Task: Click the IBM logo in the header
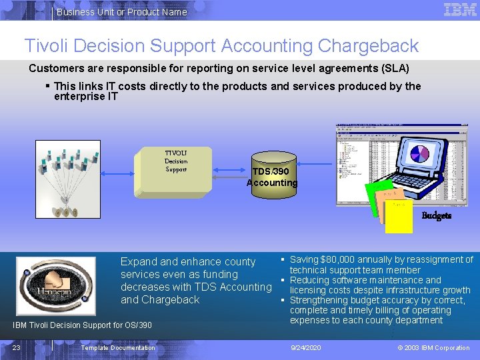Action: [x=460, y=10]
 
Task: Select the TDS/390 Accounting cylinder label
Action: [x=271, y=177]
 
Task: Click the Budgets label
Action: [x=436, y=216]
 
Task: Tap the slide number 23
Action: [x=16, y=347]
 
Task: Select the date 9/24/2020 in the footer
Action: [x=306, y=347]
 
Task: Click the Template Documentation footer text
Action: [x=117, y=347]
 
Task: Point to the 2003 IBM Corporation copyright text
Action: [x=433, y=347]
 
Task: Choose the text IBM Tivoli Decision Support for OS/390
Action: [x=83, y=325]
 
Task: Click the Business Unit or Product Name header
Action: [x=121, y=12]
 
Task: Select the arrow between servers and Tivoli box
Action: [x=118, y=173]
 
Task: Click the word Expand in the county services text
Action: [x=139, y=262]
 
